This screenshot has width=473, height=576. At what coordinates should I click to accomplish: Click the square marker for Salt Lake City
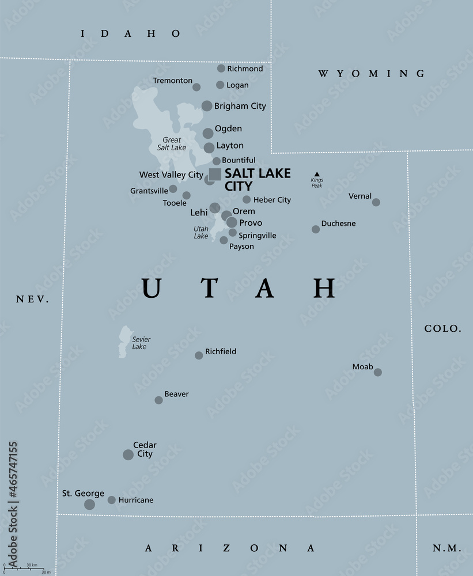(x=215, y=174)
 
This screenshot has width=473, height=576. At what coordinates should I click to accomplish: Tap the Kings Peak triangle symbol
(x=316, y=173)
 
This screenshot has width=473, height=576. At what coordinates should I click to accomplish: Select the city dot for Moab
(x=378, y=372)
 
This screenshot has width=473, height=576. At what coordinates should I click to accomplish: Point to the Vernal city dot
(x=376, y=202)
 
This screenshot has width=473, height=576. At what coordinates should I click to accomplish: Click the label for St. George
(x=83, y=494)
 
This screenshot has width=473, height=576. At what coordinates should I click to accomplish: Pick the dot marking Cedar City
(x=128, y=454)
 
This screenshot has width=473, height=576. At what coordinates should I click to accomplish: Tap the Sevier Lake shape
(x=124, y=342)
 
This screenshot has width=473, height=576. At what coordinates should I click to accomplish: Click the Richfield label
(x=221, y=351)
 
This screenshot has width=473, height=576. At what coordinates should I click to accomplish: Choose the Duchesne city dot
(x=316, y=229)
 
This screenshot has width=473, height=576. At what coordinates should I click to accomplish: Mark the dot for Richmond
(x=221, y=69)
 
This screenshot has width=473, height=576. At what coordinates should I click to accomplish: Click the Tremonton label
(x=173, y=81)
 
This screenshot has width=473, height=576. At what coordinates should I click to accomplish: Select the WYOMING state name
(x=372, y=73)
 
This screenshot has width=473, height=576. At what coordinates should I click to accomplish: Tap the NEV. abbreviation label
(x=32, y=299)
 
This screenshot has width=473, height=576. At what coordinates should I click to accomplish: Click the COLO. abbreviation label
(x=443, y=328)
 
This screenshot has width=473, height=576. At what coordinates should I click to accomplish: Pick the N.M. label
(x=445, y=547)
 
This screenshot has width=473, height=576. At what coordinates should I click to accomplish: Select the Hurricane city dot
(x=112, y=500)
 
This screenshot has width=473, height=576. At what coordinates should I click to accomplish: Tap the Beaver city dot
(x=158, y=400)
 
